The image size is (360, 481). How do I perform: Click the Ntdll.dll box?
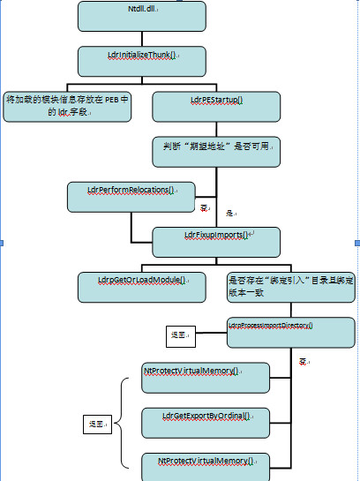click(x=141, y=15)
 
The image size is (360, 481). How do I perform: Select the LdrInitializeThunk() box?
click(x=141, y=60)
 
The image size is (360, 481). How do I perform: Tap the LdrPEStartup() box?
click(x=216, y=106)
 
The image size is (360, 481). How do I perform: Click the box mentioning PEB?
click(x=68, y=106)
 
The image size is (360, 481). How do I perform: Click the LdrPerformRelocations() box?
click(x=131, y=196)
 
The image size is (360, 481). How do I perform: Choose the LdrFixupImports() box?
click(x=216, y=241)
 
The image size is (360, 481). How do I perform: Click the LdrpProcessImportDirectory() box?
click(x=290, y=331)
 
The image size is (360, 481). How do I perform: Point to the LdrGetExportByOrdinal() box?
click(x=205, y=421)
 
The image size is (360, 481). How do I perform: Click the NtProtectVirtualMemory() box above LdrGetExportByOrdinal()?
click(x=205, y=376)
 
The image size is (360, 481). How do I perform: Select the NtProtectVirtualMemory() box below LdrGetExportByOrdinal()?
click(x=205, y=465)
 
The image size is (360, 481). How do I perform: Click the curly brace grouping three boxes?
click(x=124, y=422)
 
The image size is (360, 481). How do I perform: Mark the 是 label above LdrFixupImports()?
click(x=229, y=214)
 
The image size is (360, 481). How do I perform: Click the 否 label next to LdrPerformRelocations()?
click(x=205, y=207)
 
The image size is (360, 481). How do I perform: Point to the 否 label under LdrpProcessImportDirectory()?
click(x=303, y=362)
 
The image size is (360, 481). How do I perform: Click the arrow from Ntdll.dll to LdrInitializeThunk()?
click(x=141, y=38)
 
